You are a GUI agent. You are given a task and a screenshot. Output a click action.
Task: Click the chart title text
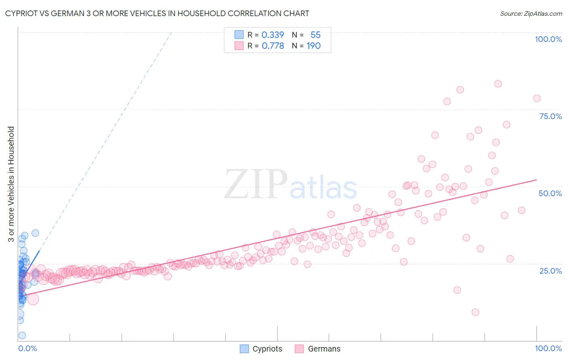coord(157,13)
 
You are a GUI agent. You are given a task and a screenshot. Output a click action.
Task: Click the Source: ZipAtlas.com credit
coord(531,13)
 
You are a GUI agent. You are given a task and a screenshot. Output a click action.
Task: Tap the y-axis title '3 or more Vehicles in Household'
coord(11,184)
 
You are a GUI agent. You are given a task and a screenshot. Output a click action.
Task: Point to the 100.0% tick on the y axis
coord(548,39)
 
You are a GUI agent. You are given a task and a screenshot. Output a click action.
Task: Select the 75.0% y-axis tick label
coord(550,116)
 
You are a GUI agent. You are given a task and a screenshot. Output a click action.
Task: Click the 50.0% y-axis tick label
coord(550,193)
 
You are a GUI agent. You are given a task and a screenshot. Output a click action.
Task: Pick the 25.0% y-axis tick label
coord(550,271)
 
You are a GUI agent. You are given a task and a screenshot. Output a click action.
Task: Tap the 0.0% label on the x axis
coord(27,348)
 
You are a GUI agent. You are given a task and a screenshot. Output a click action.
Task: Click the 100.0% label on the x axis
coord(548,348)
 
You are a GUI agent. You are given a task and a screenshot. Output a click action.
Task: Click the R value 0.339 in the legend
coord(273,35)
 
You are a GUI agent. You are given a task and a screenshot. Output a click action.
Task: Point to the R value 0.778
coord(273,46)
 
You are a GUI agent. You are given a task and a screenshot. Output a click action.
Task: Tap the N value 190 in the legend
coord(313,46)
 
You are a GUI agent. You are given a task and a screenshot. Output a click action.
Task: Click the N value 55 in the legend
coord(315,35)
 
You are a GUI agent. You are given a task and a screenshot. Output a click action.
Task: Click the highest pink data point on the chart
coord(498,84)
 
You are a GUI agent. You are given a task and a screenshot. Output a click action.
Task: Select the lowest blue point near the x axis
coord(22,335)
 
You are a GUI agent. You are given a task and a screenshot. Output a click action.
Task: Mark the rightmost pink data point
coord(536,98)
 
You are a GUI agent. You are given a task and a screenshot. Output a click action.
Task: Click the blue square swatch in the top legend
coord(239,35)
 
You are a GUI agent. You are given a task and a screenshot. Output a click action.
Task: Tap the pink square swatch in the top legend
coord(239,46)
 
